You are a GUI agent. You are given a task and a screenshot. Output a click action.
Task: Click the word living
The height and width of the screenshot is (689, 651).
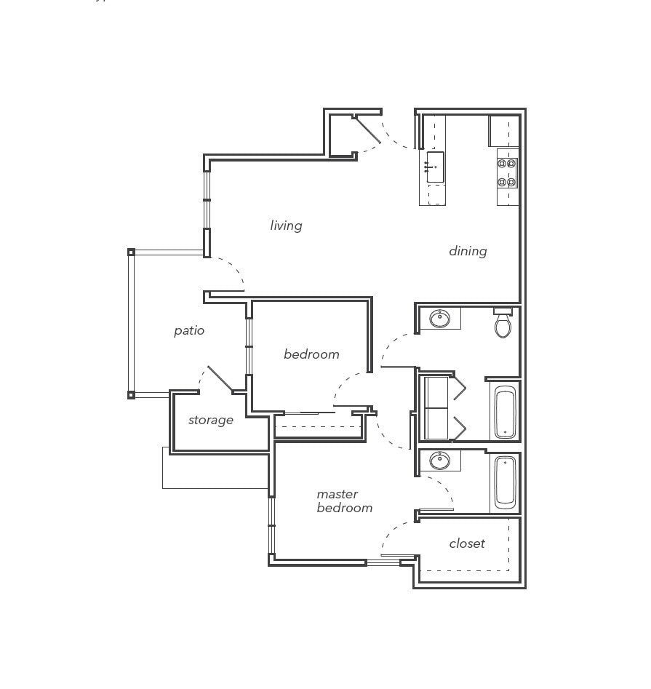point(286,226)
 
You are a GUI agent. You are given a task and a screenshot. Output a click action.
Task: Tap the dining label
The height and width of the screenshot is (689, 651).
point(467,251)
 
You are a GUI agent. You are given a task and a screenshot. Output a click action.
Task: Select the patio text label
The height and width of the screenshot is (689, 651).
point(189,330)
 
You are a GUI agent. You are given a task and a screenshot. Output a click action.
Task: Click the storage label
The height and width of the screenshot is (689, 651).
point(211,420)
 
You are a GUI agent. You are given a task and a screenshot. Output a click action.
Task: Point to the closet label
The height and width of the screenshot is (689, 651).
point(466,543)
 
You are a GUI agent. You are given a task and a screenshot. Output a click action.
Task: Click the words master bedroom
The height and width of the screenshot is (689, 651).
point(344,501)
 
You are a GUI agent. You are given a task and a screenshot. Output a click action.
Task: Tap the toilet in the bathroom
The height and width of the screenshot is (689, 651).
point(503,324)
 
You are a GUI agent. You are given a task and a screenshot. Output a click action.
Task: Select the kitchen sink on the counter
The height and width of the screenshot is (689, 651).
point(435,167)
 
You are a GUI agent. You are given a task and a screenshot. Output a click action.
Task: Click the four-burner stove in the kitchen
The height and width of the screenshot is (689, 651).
point(507,173)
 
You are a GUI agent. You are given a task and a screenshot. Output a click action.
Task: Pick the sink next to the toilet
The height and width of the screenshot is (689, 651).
point(439,319)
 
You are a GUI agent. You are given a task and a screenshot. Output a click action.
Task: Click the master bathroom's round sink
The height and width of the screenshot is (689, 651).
point(439,461)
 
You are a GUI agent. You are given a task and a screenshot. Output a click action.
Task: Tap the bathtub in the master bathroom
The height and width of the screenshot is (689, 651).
point(505,482)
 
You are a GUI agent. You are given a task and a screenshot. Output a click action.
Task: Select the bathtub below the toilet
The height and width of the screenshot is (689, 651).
point(505,412)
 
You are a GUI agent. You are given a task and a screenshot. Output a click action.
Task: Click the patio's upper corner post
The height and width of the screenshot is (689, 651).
point(131,252)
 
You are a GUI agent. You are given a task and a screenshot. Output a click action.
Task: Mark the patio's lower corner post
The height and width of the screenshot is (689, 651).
point(131,395)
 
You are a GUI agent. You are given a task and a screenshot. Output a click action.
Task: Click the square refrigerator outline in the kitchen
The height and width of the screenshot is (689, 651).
point(503,131)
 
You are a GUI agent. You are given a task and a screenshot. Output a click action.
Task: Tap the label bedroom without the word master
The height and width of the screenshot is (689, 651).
point(311,354)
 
